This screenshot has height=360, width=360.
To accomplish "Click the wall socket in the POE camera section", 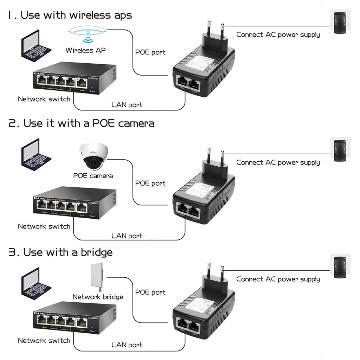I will tap(340, 150).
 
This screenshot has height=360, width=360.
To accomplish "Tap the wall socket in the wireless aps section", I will tap(340, 23).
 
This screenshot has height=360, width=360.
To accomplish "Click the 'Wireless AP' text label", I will tap(85, 50).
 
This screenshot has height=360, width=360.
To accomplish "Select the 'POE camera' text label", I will tap(93, 175).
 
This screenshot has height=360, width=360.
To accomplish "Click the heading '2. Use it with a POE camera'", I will tap(82, 123).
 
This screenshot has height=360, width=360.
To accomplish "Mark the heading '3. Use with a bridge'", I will tap(60, 252).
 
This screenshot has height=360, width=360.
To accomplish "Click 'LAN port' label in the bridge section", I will tap(127, 345).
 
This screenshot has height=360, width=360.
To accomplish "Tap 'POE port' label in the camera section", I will tap(150, 183).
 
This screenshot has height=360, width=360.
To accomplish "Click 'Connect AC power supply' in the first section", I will tap(278, 34).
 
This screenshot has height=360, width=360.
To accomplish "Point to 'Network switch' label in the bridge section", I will tap(44, 340).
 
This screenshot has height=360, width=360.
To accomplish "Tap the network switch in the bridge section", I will tap(75, 317).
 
